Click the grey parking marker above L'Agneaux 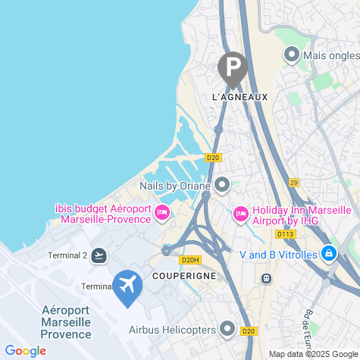click(232, 67)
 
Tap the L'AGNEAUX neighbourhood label click(235, 97)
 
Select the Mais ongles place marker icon click(291, 55)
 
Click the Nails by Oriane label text click(176, 185)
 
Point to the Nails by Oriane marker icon click(222, 184)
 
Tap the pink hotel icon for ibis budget click(161, 213)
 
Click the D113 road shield click(286, 234)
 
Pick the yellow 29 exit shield click(294, 183)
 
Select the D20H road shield click(189, 259)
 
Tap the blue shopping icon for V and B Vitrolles click(328, 254)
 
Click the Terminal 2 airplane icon click(99, 255)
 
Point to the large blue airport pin click(127, 286)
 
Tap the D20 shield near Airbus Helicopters click(249, 330)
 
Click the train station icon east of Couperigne click(266, 278)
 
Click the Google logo click(25, 351)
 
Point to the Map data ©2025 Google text click(311, 353)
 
